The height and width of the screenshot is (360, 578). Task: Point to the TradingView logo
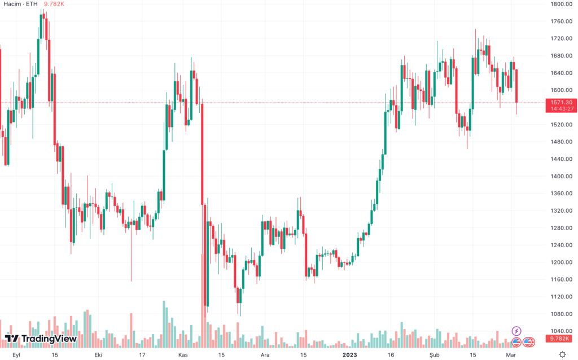pos(41,339)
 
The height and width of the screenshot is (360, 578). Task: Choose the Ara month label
pos(265,355)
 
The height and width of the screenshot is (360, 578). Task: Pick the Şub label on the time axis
pos(435,355)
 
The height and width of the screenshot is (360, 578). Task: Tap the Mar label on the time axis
pos(511,355)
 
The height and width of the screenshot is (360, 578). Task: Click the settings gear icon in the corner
pos(562,354)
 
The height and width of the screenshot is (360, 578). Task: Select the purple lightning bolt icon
pos(516,331)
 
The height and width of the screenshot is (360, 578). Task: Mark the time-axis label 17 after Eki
pos(142,355)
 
